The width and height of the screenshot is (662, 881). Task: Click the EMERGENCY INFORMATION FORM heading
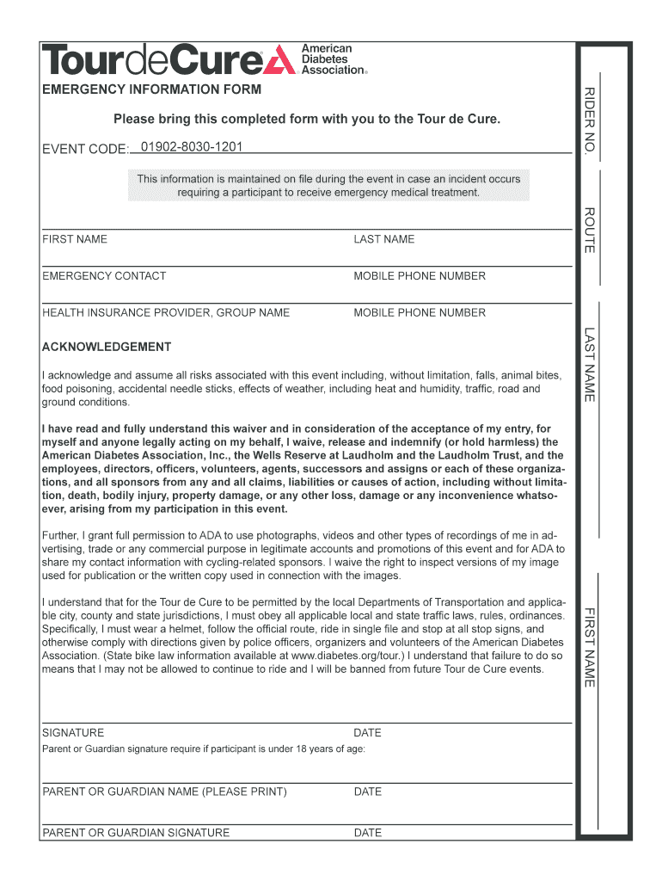point(151,89)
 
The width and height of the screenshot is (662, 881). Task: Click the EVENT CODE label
point(84,150)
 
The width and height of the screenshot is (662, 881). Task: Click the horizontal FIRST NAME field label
point(75,239)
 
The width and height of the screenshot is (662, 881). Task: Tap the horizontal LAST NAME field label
point(383,239)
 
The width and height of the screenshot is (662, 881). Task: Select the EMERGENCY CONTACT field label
point(104,276)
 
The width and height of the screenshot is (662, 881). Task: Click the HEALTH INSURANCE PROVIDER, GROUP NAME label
point(166,313)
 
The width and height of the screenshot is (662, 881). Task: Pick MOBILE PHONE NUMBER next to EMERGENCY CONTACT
point(420,276)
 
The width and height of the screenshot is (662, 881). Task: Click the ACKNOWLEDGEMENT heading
point(107,347)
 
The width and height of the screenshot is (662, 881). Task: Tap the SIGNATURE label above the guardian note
point(73,733)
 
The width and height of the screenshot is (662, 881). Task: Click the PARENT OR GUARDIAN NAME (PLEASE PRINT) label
point(164,792)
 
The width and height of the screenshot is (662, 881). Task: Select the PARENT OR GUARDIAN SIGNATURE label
point(136,833)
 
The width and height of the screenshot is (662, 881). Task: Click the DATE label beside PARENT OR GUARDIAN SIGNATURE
point(367,833)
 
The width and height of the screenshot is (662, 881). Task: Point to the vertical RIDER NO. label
point(590,120)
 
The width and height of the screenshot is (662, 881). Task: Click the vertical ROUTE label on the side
point(590,230)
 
